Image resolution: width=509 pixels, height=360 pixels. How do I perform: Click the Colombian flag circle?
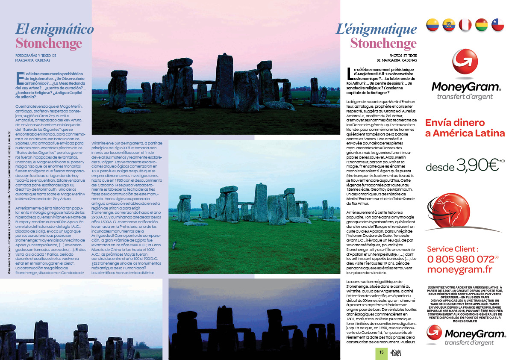coord(433,25)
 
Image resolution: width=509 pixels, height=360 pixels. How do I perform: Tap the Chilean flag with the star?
coord(498,25)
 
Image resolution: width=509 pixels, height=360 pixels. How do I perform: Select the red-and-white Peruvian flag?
coord(465,25)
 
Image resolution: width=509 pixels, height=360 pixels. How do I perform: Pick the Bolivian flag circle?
coord(482,25)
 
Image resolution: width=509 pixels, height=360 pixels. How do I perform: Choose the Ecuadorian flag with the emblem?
coord(449,25)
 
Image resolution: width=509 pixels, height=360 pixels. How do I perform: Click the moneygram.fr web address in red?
coord(459,269)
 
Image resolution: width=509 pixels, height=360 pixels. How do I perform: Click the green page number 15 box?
coord(381,352)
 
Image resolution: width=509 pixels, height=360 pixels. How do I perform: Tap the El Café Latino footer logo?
coord(395,352)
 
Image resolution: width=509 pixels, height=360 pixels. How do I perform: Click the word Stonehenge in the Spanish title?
coord(49,43)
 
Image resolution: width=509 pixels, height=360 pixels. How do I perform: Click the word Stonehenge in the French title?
coord(383,43)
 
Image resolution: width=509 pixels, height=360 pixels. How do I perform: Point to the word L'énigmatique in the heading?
coord(376,29)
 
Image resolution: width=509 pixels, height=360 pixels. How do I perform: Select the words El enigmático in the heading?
coord(55,29)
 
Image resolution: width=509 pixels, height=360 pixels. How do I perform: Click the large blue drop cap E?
coord(19,78)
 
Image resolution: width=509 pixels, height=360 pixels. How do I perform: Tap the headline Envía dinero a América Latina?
coord(465,128)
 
